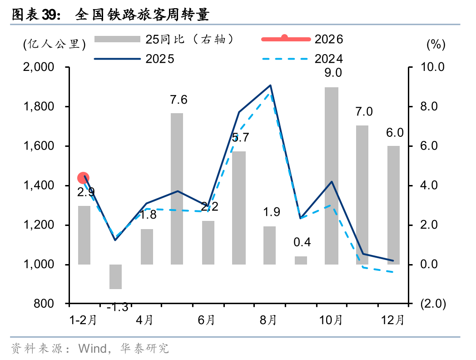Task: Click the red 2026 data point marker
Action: click(83, 178)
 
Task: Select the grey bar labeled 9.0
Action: click(332, 175)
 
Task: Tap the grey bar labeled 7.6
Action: click(177, 189)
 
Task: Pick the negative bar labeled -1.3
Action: click(116, 276)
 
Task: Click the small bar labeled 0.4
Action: click(301, 260)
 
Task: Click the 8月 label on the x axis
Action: click(268, 320)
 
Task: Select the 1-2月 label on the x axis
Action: click(83, 320)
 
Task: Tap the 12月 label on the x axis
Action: click(393, 320)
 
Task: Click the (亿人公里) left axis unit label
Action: click(55, 44)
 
